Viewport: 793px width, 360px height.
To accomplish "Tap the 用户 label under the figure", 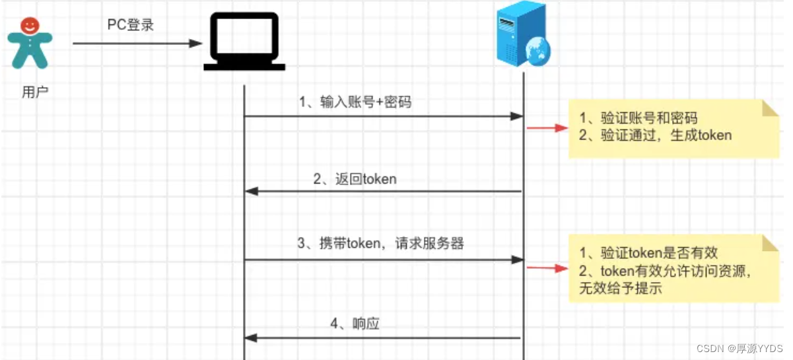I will coord(36,92).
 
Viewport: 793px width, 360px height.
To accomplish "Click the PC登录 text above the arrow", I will coord(131,24).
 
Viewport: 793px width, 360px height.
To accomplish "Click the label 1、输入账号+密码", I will coord(356,102).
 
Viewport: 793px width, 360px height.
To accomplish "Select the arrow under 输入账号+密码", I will coord(383,116).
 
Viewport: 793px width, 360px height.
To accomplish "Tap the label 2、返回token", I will coord(355,179).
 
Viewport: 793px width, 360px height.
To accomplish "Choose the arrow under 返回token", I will coord(383,192).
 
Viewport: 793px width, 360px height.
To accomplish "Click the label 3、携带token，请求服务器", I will coord(381,244).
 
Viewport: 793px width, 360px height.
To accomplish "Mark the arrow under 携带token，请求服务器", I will coord(383,260).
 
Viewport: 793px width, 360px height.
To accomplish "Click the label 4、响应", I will coord(355,324).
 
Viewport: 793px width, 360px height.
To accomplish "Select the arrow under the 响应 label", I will coord(383,338).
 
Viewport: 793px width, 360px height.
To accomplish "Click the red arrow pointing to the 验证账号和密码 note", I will coord(547,127).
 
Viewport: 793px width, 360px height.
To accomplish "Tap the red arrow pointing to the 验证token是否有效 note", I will coord(547,268).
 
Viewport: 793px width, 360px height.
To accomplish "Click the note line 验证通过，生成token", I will coord(655,135).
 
